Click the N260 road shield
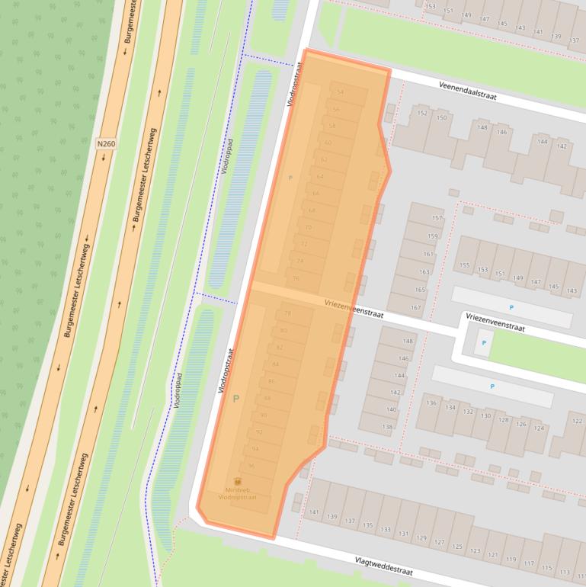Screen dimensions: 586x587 (x=105, y=143)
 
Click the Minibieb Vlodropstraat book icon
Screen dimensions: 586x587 (x=238, y=481)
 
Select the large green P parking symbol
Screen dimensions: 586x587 (x=236, y=398)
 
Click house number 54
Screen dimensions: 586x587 (x=341, y=92)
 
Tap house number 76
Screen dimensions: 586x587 (x=296, y=278)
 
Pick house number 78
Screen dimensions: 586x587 (x=287, y=313)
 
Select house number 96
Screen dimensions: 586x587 (x=251, y=466)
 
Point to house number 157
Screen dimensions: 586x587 (x=437, y=218)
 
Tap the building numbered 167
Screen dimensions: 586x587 (x=415, y=308)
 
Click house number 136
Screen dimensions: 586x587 (x=432, y=403)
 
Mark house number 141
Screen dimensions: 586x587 (x=313, y=512)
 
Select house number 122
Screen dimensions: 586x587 (x=578, y=422)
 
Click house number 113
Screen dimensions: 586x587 (x=564, y=571)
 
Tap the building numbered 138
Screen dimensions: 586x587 (x=388, y=427)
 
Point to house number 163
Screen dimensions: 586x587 (x=424, y=272)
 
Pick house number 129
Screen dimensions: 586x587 (x=421, y=538)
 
